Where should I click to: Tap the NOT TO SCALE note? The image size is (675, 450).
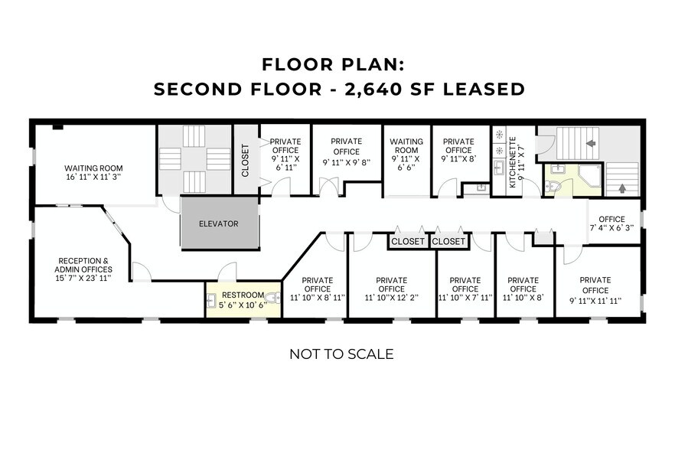pyautogui.click(x=341, y=354)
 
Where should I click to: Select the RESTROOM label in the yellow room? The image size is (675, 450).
pyautogui.click(x=242, y=295)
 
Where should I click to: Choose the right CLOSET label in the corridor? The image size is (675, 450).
pyautogui.click(x=448, y=241)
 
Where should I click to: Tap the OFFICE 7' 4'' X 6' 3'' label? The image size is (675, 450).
pyautogui.click(x=611, y=223)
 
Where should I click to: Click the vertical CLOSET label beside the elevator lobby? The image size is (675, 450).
pyautogui.click(x=246, y=161)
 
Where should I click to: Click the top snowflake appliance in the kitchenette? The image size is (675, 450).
pyautogui.click(x=499, y=135)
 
